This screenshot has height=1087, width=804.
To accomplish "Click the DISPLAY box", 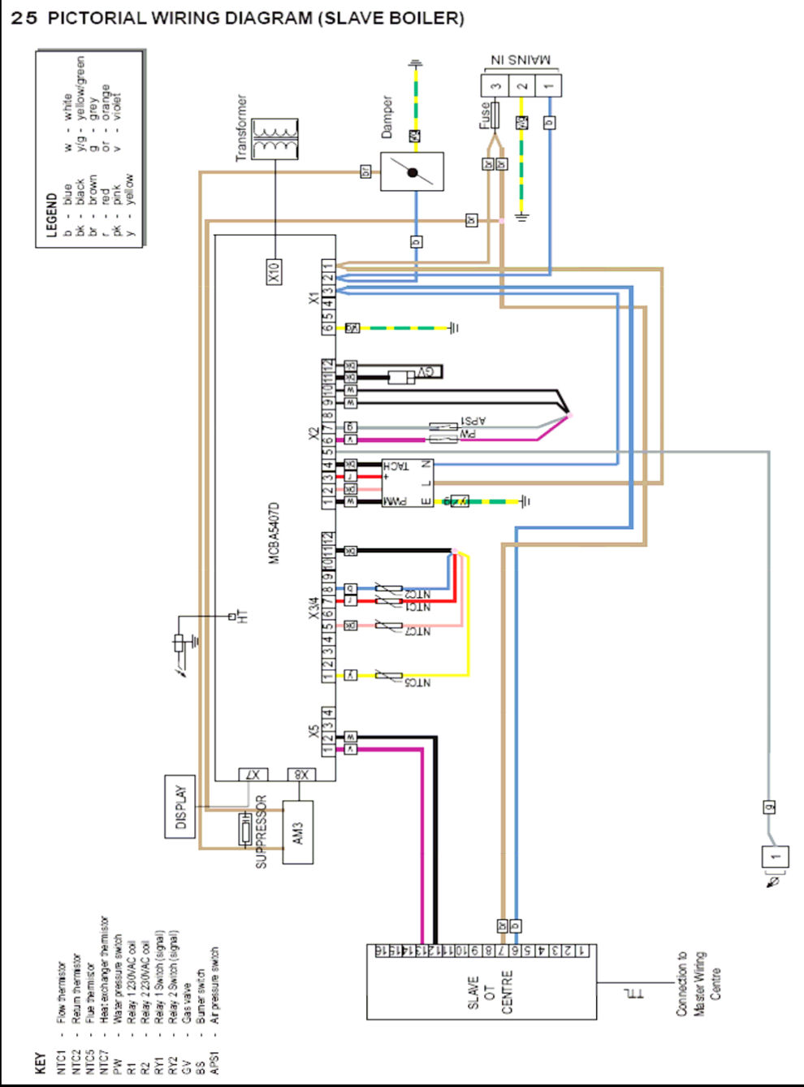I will coord(179,807).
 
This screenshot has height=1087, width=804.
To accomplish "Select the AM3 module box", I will coord(297,832).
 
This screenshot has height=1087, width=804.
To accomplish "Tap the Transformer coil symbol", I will coord(275,139).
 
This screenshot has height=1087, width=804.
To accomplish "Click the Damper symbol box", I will coord(412,171).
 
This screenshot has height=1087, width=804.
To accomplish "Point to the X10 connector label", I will coord(274,271).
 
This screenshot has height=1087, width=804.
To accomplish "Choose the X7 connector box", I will coord(253,774).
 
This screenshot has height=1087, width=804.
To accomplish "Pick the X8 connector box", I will coord(301,774).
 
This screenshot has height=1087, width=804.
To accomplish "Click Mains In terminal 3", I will coord(495,85).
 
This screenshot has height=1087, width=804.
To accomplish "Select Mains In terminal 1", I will coord(548,85).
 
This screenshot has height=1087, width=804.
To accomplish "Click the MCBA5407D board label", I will coord(274,533).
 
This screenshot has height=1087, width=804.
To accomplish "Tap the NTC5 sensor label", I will coord(417,682).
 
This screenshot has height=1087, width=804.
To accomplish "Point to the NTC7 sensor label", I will coord(417,631).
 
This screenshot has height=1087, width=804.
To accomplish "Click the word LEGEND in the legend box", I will coord(51,214).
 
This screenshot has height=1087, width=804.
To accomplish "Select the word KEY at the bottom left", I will coord(40,1063).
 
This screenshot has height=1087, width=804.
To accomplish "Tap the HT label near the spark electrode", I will coord(242,617).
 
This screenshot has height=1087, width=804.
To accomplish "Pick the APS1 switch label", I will coord(473,421).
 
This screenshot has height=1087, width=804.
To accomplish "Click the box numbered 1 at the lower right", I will coord(775,856).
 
